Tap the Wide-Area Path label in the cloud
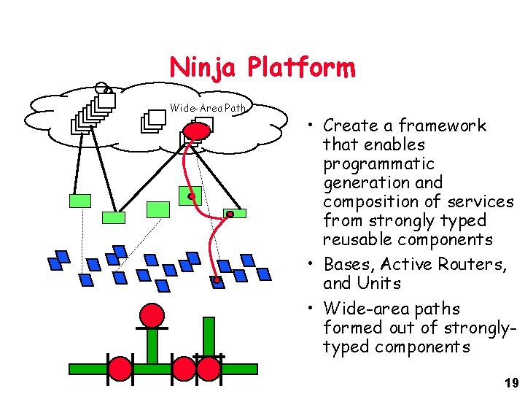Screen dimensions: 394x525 pos(209,108)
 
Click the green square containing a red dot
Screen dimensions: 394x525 pos(190,194)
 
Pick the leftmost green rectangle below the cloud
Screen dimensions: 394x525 pos(80,201)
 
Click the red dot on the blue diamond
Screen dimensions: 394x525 pos(216,279)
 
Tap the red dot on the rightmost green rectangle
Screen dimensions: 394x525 pos(229,214)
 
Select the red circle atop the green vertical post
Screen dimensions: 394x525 pos(152,315)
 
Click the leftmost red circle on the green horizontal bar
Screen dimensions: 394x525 pos(120,367)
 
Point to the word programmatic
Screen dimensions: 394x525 pos(378,163)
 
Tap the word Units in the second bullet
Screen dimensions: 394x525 pos(378,282)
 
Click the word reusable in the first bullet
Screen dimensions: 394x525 pos(354,239)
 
